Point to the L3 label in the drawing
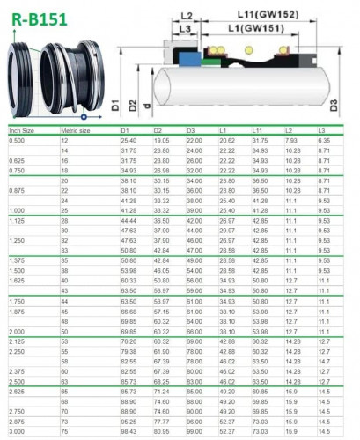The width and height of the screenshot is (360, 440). point(182,29)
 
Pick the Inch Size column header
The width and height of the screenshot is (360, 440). point(22,130)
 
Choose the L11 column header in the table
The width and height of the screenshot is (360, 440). point(259,130)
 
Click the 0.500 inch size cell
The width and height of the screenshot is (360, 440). point(17,141)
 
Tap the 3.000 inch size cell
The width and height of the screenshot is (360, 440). point(17,432)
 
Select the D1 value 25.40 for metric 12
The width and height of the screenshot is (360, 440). point(129,141)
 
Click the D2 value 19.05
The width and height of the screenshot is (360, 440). point(161,141)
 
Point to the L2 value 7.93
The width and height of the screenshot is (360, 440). point(291,141)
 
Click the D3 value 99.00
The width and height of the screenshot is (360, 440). point(194,432)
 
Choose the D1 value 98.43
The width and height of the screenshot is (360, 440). point(129,432)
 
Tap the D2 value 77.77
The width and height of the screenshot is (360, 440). point(161,422)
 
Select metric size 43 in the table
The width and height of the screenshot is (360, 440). point(64,290)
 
